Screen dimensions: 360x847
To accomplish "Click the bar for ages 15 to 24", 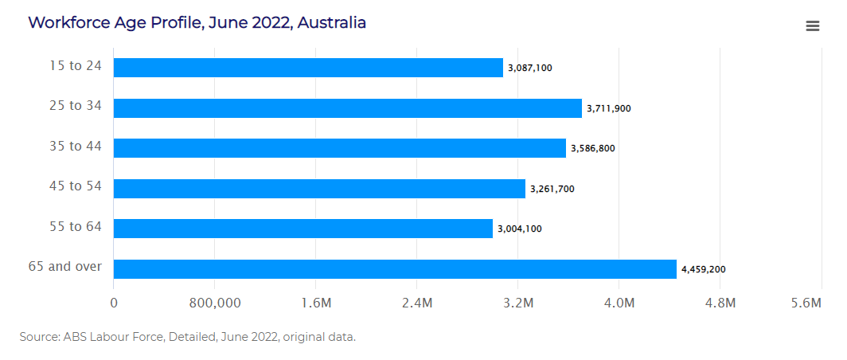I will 308,68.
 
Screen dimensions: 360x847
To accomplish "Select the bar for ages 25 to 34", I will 347,108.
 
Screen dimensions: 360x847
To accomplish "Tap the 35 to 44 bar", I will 339,148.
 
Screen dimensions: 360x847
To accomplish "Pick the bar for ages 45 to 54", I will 319,189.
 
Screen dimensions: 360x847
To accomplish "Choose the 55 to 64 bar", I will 302,229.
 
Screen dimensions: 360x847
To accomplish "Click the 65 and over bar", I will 395,269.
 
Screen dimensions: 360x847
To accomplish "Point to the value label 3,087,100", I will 529,68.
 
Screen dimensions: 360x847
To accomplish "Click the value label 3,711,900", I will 608,108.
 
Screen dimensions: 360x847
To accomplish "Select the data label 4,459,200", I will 703,269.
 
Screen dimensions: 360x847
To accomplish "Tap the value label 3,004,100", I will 519,229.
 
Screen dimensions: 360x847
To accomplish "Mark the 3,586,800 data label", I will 592,148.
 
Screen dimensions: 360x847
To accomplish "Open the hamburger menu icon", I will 813,26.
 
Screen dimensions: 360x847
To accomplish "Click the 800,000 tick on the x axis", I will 215,303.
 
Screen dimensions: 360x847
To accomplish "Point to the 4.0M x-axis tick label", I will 619,303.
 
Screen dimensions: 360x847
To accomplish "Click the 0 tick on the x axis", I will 114,303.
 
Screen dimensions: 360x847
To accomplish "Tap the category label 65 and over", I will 64,266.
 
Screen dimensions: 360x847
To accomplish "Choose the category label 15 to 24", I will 76,65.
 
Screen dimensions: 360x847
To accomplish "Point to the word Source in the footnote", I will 39,337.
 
